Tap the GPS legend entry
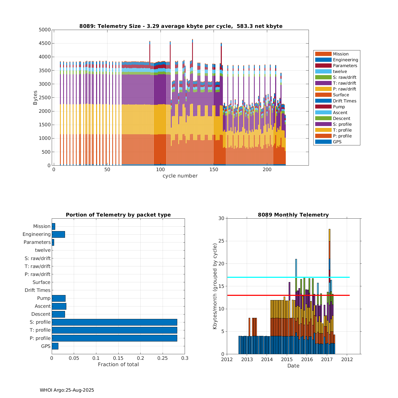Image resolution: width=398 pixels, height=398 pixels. click(x=337, y=142)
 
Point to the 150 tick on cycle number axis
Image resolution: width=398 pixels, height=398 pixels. click(x=214, y=170)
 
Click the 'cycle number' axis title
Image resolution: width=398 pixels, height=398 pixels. click(x=180, y=176)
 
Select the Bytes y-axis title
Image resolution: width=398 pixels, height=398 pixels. click(x=35, y=98)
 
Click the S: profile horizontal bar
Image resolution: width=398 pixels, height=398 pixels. click(x=114, y=322)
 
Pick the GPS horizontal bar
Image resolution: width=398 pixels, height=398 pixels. click(x=55, y=346)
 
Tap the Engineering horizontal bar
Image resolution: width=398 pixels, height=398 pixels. click(x=58, y=234)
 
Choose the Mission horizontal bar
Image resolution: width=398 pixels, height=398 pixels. click(x=53, y=226)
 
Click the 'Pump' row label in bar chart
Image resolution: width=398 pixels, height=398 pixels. click(x=44, y=298)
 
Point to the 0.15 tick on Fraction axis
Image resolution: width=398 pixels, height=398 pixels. click(x=118, y=358)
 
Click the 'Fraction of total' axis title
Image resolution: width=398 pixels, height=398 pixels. click(x=118, y=364)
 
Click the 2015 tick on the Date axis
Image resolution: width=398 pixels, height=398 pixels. click(x=287, y=359)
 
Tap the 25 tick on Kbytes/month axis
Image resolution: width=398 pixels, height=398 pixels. click(x=221, y=241)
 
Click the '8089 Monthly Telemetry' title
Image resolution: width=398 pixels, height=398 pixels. click(x=293, y=215)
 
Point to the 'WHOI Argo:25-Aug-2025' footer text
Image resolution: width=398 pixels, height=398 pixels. click(x=67, y=390)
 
